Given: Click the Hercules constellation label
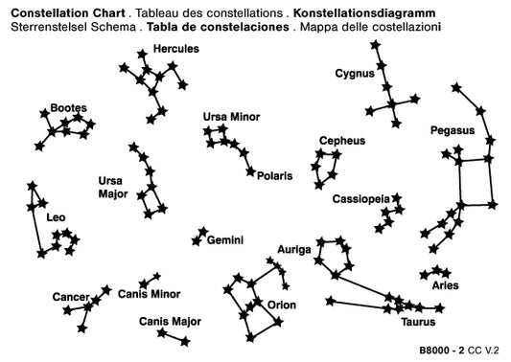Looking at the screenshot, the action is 176,49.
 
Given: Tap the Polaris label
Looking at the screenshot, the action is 275,176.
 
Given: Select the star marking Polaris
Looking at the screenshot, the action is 250,171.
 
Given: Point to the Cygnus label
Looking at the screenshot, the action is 355,74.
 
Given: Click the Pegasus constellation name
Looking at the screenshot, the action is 453,131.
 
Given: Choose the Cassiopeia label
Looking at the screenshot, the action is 361,199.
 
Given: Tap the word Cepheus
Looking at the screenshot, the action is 342,141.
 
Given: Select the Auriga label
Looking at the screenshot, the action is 294,250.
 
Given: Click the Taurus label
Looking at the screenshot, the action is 418,322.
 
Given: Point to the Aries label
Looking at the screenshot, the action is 445,285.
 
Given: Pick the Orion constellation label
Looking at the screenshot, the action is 282,305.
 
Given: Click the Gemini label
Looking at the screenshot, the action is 225,240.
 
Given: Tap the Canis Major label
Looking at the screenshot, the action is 170,322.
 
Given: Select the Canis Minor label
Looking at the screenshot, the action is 150,294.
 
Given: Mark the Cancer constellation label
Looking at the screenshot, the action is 71,297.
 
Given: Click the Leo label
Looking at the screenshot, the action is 56,217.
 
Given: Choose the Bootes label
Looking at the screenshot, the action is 69,108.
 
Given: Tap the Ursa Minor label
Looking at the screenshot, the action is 231,117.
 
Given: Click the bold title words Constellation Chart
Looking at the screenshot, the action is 68,13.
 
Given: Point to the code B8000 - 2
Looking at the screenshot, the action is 442,351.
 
